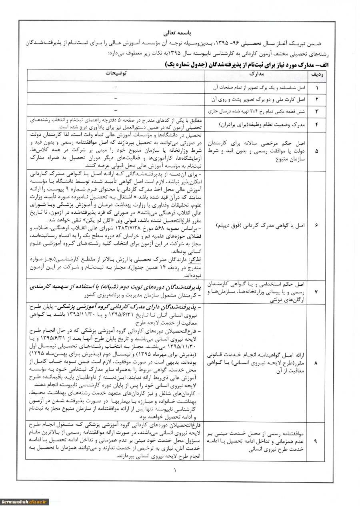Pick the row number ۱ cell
(316, 87)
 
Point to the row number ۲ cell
(316, 99)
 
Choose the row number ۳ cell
(316, 110)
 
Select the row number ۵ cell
(316, 151)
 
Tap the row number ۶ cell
(316, 225)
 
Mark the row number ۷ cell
(316, 292)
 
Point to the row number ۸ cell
(316, 363)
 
